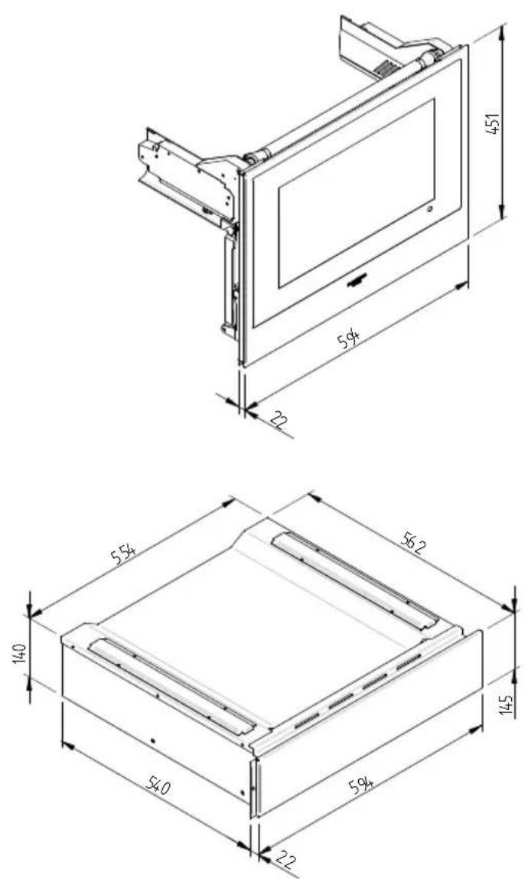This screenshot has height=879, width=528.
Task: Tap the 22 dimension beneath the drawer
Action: pos(286,858)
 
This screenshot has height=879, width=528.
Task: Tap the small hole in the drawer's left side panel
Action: pos(154,741)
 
